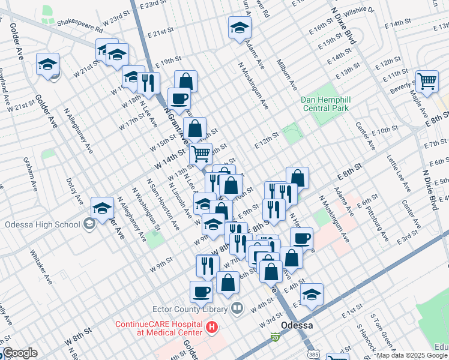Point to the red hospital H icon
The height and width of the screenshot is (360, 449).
pyautogui.click(x=211, y=328)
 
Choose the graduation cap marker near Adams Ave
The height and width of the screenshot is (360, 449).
pyautogui.click(x=240, y=28)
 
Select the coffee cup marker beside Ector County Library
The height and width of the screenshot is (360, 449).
pyautogui.click(x=201, y=292)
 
